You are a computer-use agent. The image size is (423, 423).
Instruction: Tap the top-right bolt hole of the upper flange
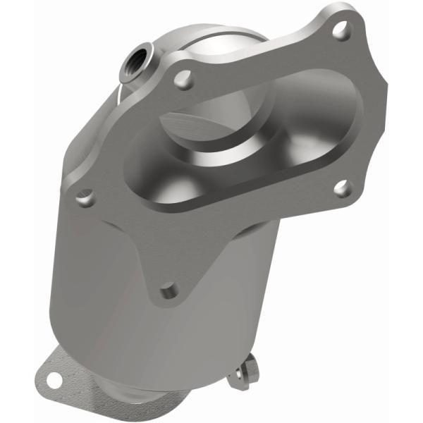(x=341, y=29)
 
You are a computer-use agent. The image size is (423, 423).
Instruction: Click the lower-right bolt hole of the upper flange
(x=341, y=188)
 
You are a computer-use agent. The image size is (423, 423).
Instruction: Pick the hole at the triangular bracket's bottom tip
(x=168, y=289)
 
